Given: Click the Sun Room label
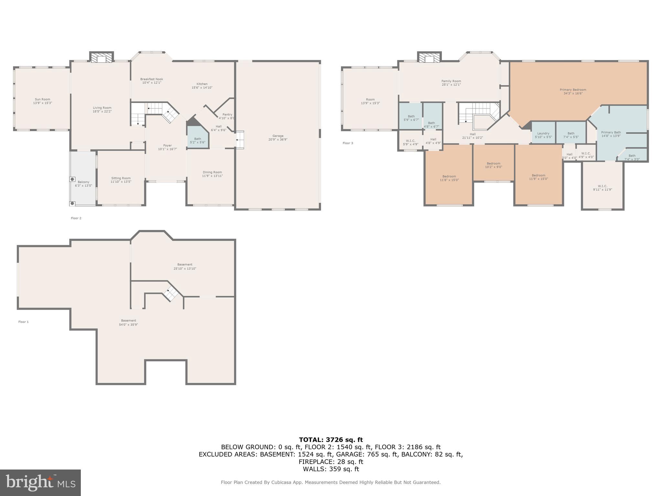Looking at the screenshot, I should (42, 101).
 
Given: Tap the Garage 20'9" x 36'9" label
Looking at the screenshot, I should (278, 138).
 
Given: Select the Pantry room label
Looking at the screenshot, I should (227, 116).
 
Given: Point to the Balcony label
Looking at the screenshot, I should (83, 184).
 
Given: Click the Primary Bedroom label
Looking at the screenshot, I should (573, 91).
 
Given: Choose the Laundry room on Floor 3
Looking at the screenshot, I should (543, 135).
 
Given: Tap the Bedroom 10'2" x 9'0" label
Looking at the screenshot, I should (493, 165).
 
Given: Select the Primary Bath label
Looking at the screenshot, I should (611, 134).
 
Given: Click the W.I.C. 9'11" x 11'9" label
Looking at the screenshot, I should (602, 188).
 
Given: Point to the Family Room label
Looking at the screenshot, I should (451, 83).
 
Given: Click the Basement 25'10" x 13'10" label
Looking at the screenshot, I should (185, 266).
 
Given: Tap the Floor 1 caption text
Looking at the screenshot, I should (23, 322).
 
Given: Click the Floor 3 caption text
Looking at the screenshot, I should (348, 143).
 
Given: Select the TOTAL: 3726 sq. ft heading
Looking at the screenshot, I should (331, 439).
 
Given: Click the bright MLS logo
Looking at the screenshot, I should (40, 482).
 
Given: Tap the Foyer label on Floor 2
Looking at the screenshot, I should (167, 147).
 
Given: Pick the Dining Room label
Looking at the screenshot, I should (212, 174).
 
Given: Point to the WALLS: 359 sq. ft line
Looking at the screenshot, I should (331, 469).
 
